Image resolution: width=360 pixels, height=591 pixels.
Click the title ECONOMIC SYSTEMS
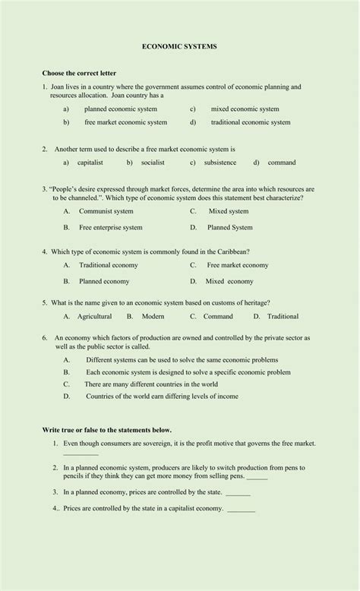pos(179,46)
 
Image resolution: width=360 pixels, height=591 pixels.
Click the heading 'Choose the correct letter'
pos(79,73)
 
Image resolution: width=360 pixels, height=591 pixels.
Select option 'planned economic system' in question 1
pos(121,109)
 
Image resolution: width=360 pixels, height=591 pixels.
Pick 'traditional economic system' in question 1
pos(250,122)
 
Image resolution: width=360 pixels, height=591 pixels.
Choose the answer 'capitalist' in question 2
pos(90,163)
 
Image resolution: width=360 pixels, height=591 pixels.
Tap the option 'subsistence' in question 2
pos(220,163)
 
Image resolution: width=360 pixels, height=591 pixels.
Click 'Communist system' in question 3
pos(106,211)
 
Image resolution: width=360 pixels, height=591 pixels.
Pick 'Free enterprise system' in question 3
pos(111,227)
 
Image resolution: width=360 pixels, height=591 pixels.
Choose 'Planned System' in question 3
pos(230,227)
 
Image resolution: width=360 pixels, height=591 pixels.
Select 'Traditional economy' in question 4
pos(109,265)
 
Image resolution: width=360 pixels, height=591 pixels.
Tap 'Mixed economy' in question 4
pos(229,281)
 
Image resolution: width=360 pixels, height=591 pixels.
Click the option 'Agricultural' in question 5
pos(94,317)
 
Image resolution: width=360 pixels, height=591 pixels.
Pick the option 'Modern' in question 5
pos(153,317)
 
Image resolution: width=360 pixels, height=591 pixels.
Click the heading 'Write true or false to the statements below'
pos(112,430)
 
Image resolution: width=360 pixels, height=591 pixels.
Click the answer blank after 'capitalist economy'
pos(242,510)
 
